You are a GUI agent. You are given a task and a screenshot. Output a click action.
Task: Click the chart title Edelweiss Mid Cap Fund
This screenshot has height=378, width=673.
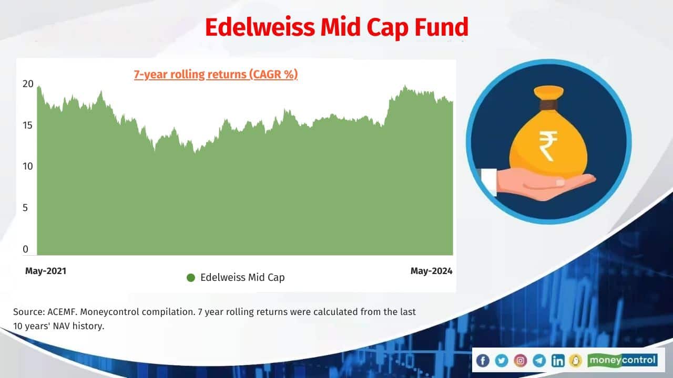(x=336, y=27)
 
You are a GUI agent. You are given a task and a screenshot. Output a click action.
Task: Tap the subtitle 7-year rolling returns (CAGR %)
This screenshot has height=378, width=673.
(x=216, y=75)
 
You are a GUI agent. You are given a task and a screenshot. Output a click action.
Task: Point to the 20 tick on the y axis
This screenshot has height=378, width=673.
(x=28, y=83)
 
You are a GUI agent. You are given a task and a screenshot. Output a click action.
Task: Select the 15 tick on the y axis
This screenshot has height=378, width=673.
(x=28, y=125)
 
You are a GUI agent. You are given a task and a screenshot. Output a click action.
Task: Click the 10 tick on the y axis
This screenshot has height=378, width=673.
(x=28, y=166)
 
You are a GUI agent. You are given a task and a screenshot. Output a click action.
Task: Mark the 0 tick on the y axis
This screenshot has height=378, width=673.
(x=26, y=249)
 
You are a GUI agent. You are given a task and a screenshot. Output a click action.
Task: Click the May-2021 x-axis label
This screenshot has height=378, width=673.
(x=46, y=271)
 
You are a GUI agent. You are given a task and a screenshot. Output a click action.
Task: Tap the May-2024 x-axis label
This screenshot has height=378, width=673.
(x=431, y=271)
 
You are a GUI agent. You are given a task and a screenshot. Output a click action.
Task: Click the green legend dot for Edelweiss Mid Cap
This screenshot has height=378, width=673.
(x=191, y=278)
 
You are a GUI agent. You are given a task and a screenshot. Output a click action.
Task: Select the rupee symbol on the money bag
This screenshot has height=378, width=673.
(x=547, y=146)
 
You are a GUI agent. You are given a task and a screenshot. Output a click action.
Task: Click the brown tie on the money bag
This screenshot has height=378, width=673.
(x=548, y=105)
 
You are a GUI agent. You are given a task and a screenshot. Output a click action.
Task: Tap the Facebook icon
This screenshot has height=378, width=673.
(x=483, y=360)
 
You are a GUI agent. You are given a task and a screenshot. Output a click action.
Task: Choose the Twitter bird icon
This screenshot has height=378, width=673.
(x=502, y=360)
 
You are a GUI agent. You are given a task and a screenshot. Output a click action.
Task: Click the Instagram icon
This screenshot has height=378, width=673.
(x=521, y=360)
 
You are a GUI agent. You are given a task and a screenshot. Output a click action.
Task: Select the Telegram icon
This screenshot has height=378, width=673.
(x=539, y=360)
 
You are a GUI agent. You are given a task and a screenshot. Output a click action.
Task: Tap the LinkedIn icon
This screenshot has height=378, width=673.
(x=558, y=360)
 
